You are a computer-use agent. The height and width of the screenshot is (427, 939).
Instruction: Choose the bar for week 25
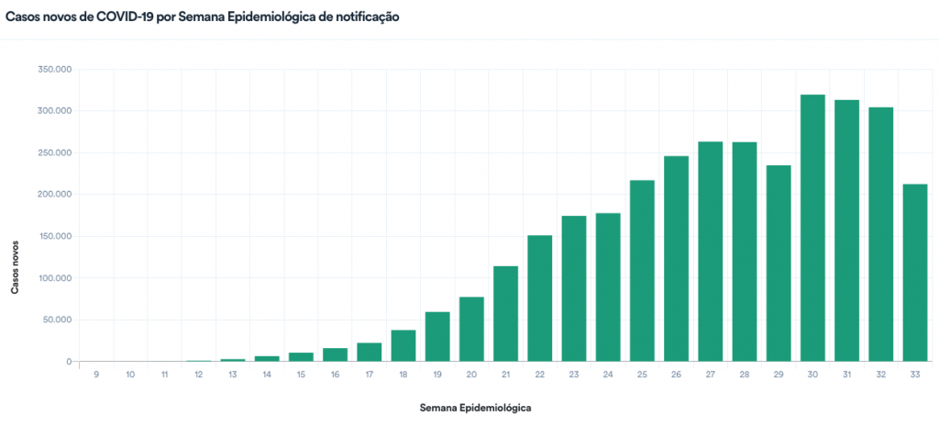(642, 271)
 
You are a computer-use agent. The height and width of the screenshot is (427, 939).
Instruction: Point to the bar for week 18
(403, 345)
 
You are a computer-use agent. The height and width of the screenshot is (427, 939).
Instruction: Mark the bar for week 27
(711, 252)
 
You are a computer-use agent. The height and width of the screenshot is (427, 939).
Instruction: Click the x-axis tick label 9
(96, 375)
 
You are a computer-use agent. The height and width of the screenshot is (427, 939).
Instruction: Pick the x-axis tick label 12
(198, 375)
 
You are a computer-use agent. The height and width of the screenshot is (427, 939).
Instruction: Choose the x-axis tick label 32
(880, 375)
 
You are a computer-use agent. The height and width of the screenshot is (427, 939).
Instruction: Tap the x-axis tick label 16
(335, 375)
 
